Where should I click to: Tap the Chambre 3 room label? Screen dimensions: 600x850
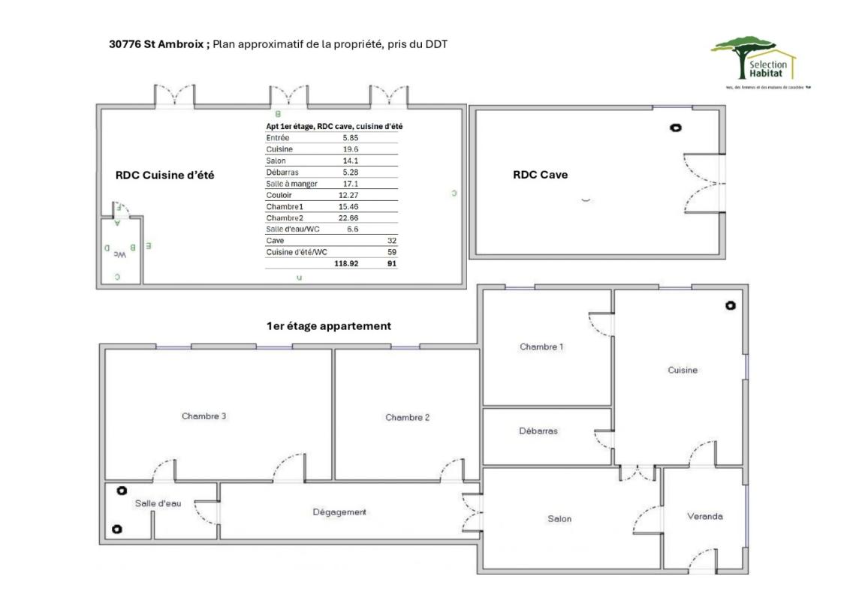tap(204, 416)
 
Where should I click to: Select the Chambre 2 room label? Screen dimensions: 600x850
tap(407, 418)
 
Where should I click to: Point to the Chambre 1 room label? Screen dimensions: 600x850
tap(541, 346)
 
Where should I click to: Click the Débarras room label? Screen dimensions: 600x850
tap(538, 430)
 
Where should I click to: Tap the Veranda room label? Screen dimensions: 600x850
tap(705, 516)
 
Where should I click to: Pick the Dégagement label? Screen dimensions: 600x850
tap(339, 512)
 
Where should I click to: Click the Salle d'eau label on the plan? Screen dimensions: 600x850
tap(158, 503)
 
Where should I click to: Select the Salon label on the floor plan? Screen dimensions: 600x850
tap(559, 519)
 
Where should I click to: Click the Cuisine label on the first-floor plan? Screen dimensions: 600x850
tap(683, 370)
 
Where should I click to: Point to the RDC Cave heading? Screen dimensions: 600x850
tap(540, 175)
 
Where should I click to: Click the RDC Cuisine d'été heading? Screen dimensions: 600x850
tap(164, 175)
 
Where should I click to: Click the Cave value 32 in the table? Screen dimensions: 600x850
tap(391, 241)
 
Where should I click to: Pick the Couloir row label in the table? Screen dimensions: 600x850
tap(278, 195)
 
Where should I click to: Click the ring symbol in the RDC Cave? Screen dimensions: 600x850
tap(675, 128)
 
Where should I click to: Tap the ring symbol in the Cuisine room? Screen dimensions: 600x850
tap(730, 305)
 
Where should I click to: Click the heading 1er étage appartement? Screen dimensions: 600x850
tap(328, 326)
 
